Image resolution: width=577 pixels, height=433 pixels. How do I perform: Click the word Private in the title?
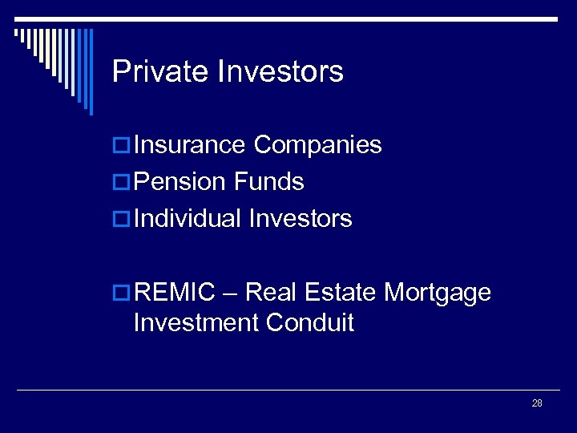(160, 71)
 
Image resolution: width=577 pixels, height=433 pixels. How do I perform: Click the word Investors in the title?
(280, 71)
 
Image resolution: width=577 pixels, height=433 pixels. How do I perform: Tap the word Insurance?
(190, 145)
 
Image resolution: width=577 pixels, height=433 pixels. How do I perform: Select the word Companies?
(317, 145)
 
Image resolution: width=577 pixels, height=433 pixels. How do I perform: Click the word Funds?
(269, 182)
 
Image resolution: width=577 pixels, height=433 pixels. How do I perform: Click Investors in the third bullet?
(301, 218)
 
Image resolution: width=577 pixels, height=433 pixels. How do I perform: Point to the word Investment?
(196, 322)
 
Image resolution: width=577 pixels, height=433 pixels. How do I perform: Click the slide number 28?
(537, 403)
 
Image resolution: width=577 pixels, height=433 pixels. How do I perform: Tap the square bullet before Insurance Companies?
(121, 146)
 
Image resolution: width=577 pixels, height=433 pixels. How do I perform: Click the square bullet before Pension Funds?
(121, 183)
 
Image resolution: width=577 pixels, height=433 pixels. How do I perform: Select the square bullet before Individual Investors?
(121, 219)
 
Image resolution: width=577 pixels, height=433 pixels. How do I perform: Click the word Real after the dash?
(271, 293)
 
